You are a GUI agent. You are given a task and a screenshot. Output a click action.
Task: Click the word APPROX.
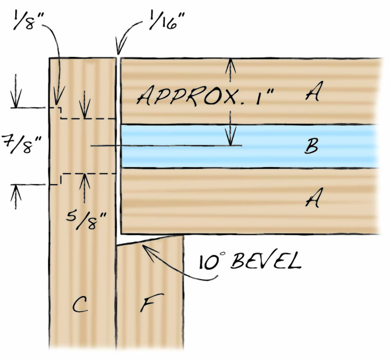point(187,97)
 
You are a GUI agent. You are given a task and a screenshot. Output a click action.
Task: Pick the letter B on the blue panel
point(311,147)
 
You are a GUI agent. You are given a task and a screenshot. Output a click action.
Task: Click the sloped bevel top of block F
point(151,240)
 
